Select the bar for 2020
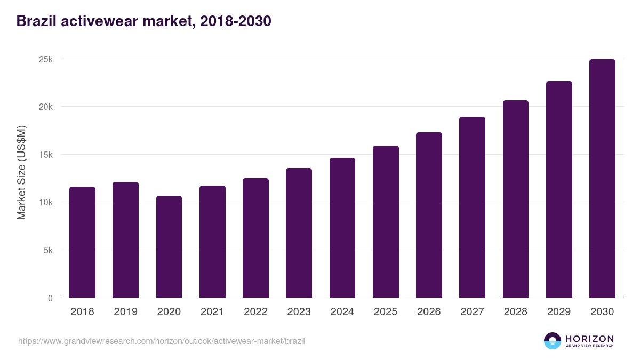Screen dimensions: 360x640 pos(169,247)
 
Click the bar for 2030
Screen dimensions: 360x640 pos(602,179)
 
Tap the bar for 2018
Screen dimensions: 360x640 pos(82,243)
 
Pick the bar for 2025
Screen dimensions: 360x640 pos(386,222)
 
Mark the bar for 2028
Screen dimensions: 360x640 pos(516,199)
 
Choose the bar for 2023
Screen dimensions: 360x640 pos(299,233)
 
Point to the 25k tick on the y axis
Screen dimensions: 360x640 pos(46,59)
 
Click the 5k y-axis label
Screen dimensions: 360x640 pos(48,251)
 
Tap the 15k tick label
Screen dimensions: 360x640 pos(46,155)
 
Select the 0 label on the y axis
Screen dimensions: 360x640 pos(50,298)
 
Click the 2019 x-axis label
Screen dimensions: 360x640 pos(125,312)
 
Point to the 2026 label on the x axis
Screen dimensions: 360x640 pos(429,312)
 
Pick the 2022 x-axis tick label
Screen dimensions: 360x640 pos(255,312)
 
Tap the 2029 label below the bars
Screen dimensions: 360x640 pos(559,312)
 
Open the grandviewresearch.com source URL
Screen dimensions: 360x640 pos(162,341)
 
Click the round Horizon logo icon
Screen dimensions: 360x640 pos(553,341)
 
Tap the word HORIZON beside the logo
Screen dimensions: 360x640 pos(589,339)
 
